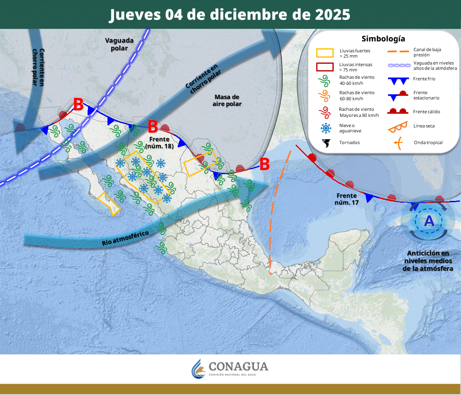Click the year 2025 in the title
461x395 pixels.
[332, 15]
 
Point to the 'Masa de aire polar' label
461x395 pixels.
[227, 100]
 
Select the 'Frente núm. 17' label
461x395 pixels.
[347, 199]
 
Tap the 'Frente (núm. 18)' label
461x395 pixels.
[159, 143]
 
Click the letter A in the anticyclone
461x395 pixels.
[429, 221]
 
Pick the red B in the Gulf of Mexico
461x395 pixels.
[264, 164]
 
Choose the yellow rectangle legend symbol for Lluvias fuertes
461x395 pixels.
[325, 53]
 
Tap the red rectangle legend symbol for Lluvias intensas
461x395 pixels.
[325, 67]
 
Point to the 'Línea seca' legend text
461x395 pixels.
[424, 126]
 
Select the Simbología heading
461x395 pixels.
[383, 39]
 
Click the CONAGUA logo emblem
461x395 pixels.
[199, 368]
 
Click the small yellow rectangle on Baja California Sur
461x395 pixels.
[109, 204]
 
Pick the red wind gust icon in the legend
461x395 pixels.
[325, 112]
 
